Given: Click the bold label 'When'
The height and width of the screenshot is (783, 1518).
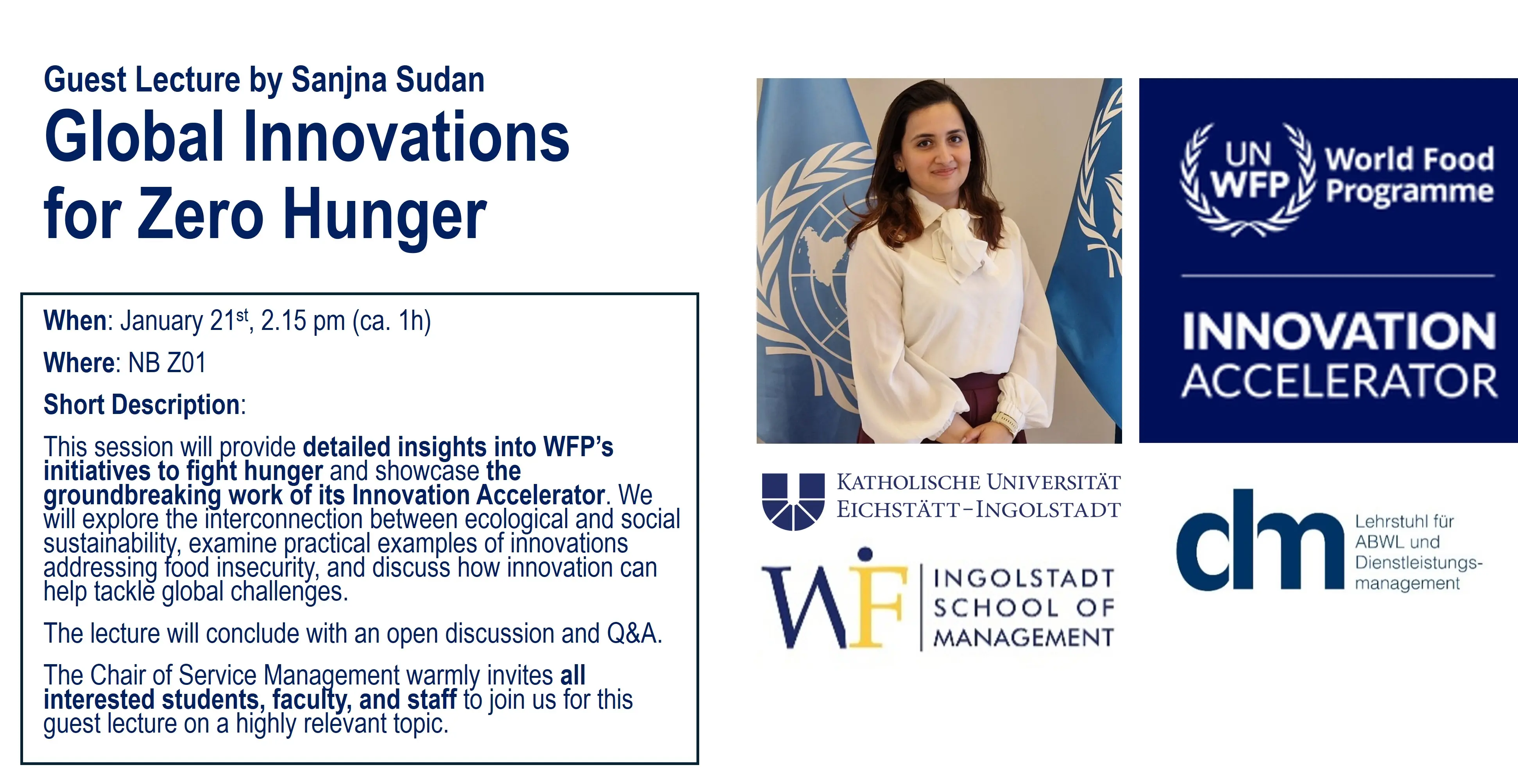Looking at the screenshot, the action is [75, 321].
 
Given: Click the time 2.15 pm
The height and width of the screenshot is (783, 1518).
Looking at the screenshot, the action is [303, 321].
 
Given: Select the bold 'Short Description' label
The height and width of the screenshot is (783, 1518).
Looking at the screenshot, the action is [141, 405].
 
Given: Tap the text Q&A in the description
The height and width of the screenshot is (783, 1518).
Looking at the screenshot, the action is [631, 634].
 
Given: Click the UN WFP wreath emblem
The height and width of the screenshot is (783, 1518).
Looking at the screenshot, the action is [1248, 179].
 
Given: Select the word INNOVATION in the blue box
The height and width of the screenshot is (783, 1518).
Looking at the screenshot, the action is [1339, 331].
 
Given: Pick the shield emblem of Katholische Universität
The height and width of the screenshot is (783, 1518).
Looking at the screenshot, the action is [793, 501].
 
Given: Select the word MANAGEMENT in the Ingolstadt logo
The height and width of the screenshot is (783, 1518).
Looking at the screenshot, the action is [1024, 637].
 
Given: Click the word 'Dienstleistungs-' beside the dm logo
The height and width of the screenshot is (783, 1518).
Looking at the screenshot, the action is [1418, 563].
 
